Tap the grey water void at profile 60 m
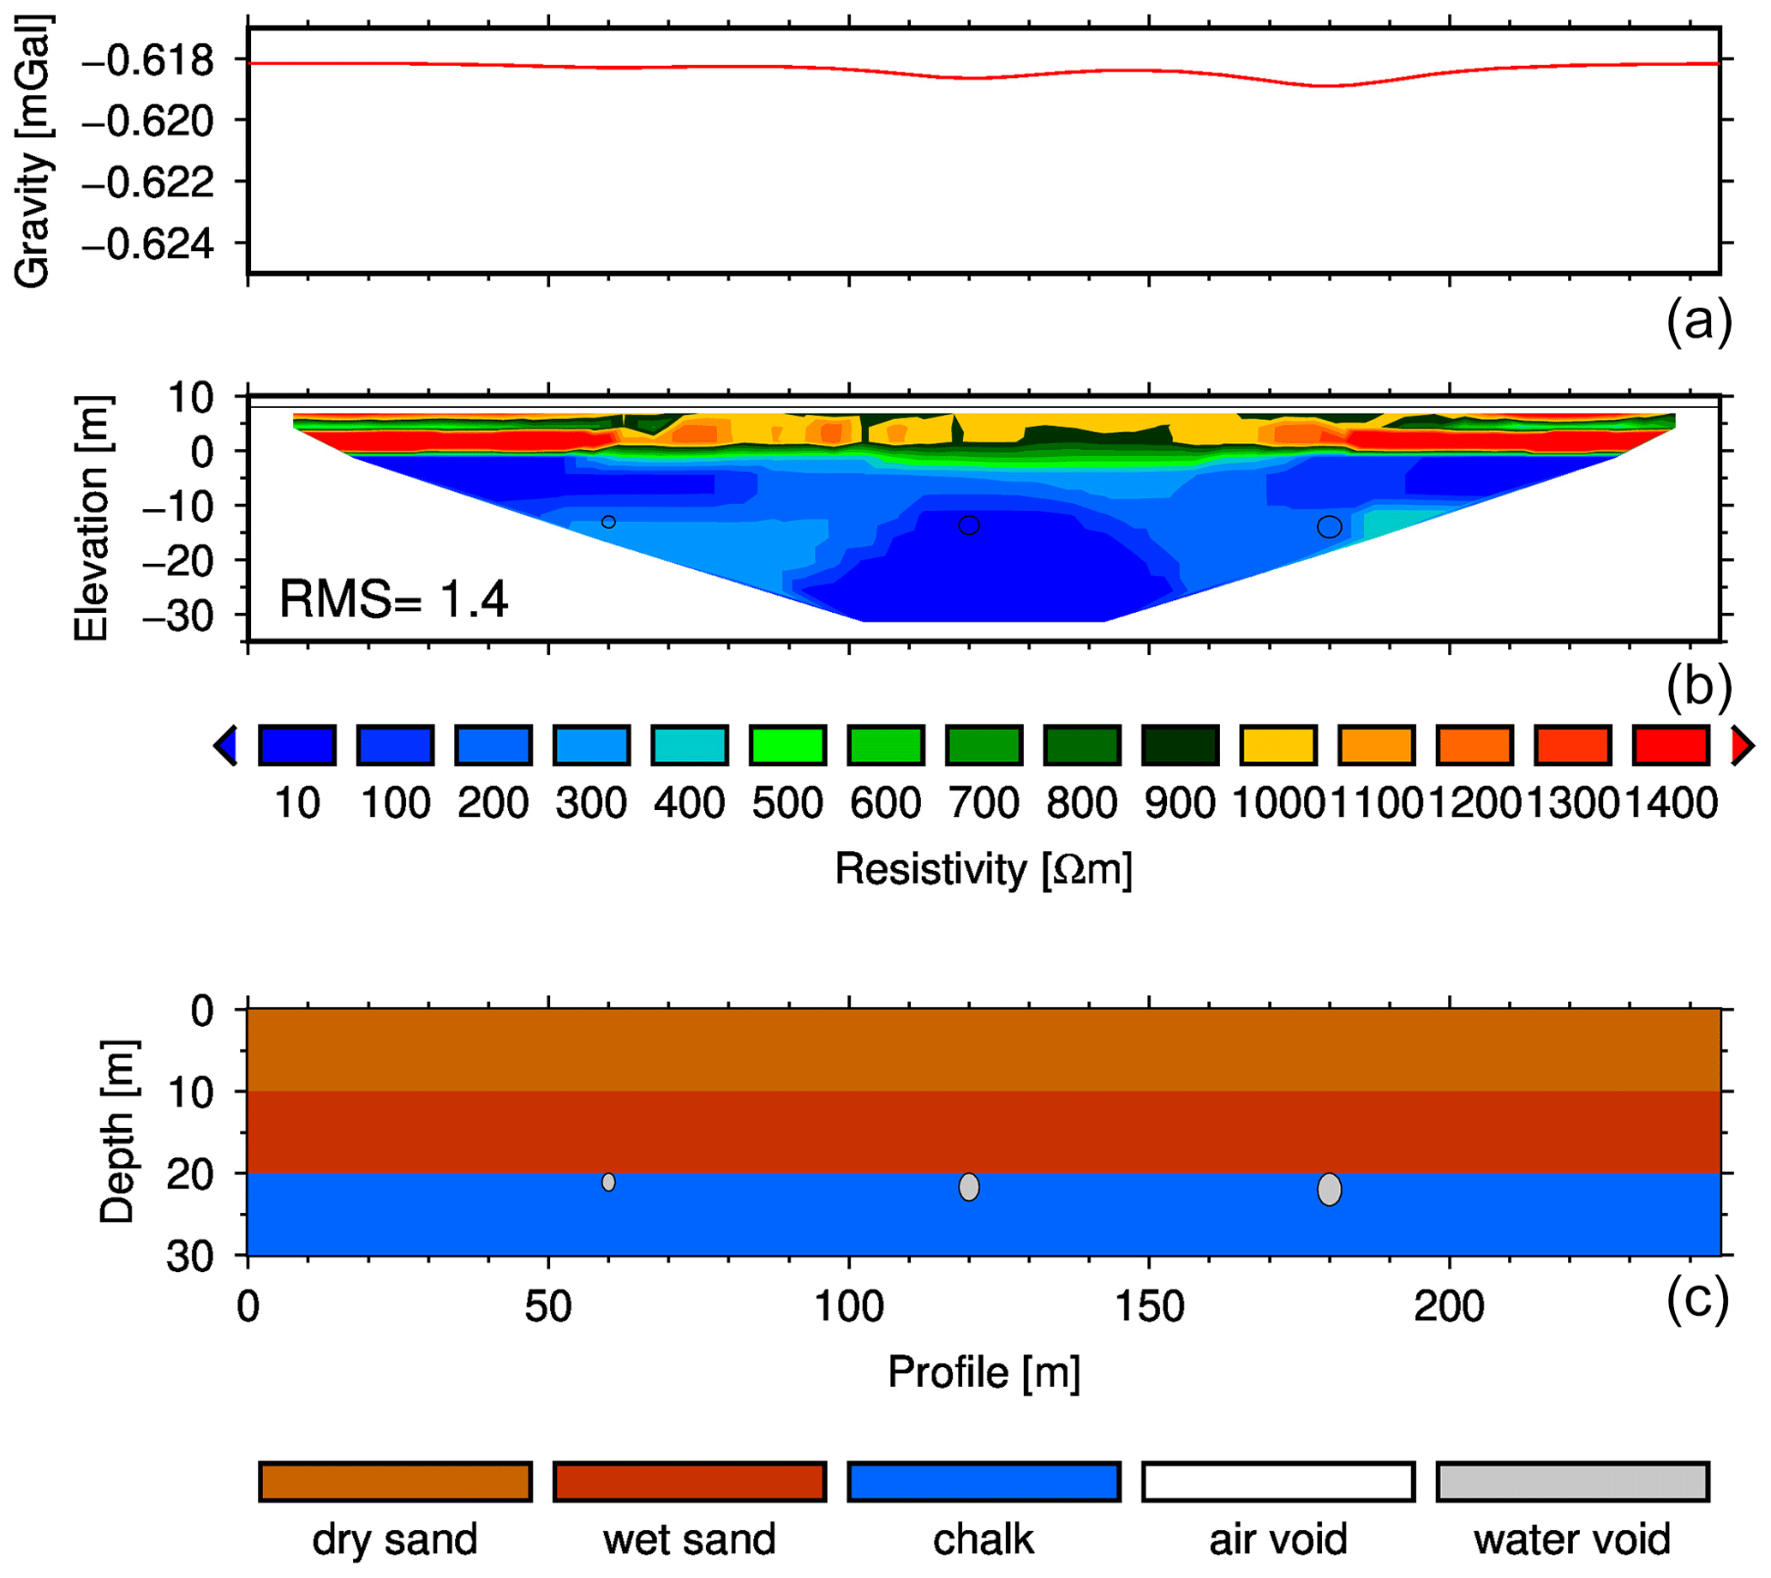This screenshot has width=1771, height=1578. [x=608, y=1182]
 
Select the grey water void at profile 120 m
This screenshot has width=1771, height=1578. [x=969, y=1187]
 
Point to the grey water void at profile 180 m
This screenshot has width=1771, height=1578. [x=1329, y=1190]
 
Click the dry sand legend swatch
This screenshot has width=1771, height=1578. [x=395, y=1482]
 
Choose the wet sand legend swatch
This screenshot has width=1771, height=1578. [x=689, y=1482]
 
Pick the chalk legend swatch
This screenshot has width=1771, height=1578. [x=984, y=1482]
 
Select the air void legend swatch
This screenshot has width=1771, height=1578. [x=1277, y=1482]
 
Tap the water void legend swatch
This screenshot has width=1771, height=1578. [x=1571, y=1482]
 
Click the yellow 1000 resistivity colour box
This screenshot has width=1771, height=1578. [x=1278, y=746]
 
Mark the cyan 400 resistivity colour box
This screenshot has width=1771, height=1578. [x=689, y=746]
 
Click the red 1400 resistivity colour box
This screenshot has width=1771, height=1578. [x=1671, y=746]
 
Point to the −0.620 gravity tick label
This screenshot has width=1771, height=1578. [x=147, y=122]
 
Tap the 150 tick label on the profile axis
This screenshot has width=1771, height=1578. [x=1149, y=1306]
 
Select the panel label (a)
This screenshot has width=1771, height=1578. [x=1697, y=321]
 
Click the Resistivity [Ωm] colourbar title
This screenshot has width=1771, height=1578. [x=983, y=869]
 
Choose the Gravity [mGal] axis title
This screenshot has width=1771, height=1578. [x=33, y=152]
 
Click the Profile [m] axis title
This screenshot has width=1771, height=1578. [x=984, y=1372]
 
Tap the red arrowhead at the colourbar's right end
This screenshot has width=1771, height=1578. [x=1741, y=746]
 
